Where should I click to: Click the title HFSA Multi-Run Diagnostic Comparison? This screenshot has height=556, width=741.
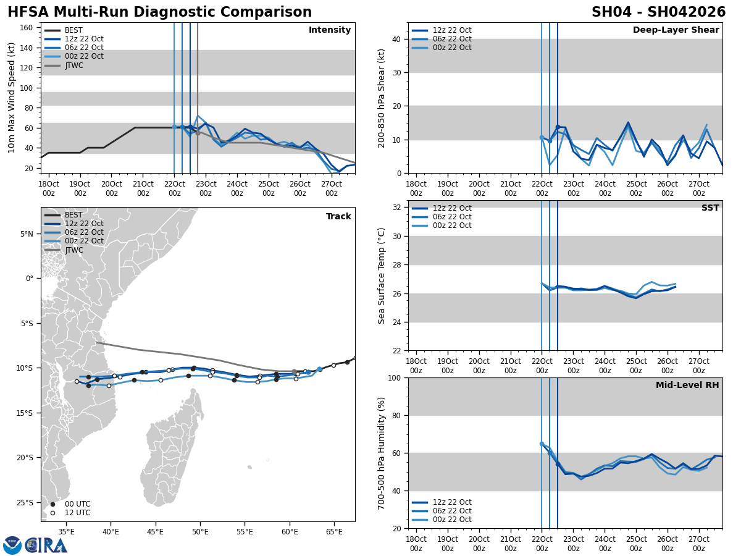pos(159,12)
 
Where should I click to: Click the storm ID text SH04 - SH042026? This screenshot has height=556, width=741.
pos(658,12)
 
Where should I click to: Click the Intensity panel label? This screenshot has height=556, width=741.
pos(330,30)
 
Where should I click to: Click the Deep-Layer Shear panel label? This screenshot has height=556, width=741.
pos(676,30)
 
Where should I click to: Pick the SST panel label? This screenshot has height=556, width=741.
pos(710,208)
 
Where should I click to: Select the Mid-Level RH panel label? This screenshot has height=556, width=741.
pos(687,385)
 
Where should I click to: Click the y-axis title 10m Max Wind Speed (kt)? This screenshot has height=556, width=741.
pos(12,98)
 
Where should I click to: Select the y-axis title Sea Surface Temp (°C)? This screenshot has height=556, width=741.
pos(382,276)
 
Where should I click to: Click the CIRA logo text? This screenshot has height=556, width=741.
pos(46,545)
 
